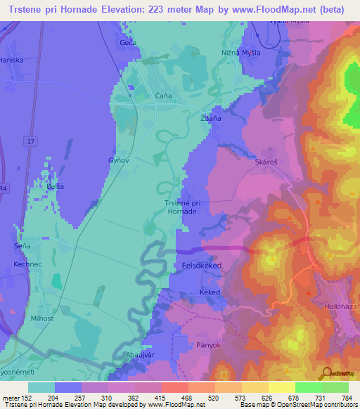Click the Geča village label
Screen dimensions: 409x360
[x=128, y=43]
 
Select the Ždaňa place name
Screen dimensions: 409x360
[x=211, y=118]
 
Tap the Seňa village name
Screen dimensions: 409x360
[x=23, y=246]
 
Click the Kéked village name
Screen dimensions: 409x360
[x=210, y=292]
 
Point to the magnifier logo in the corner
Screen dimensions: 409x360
[x=328, y=373]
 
